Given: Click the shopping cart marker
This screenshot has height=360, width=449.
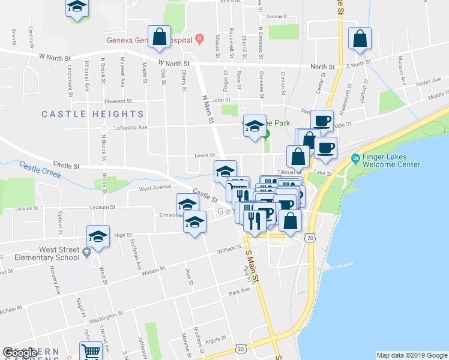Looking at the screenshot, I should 91,351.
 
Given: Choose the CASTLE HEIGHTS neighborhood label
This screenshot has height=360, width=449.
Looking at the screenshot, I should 92,114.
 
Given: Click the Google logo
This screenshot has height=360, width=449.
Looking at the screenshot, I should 21,353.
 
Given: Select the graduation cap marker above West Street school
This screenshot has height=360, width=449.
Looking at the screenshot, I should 98,236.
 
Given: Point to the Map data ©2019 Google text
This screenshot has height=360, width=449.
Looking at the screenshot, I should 412,355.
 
